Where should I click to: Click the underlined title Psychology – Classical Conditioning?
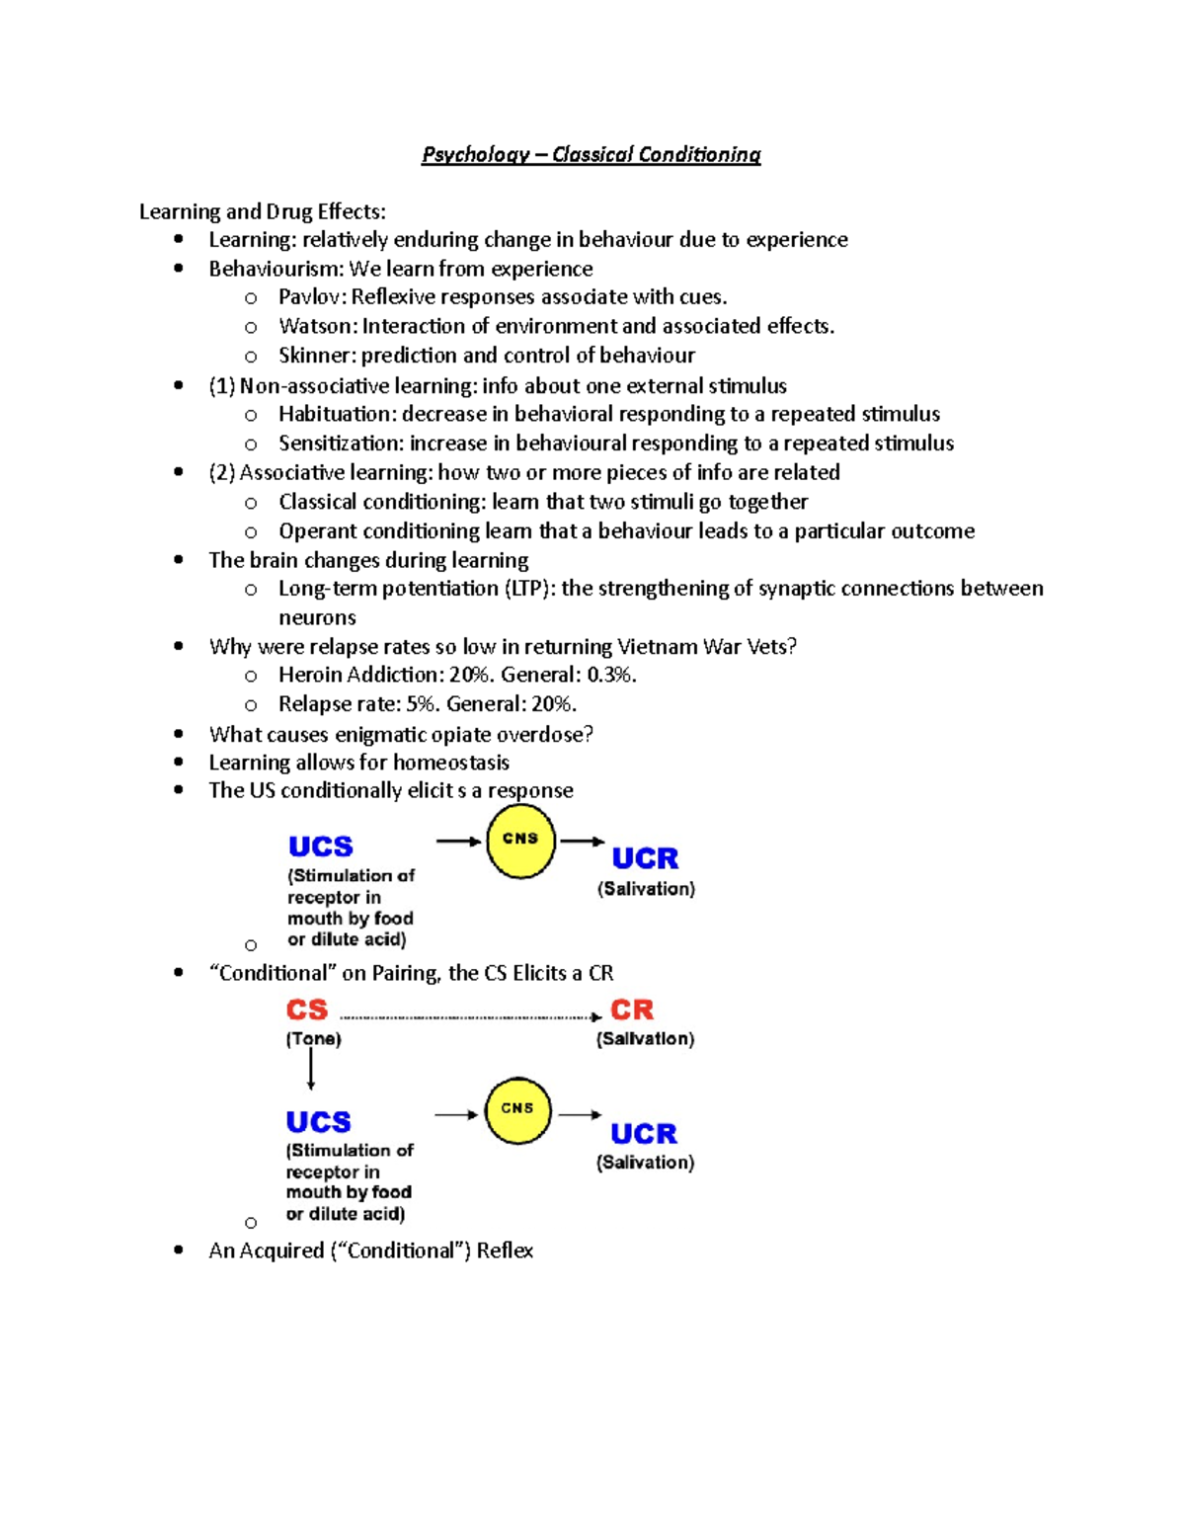coord(591,154)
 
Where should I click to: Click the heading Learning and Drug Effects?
coord(262,211)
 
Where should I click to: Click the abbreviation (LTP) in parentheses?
coord(529,589)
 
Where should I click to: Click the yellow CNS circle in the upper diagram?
coord(520,842)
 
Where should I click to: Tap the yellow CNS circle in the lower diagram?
coord(517,1110)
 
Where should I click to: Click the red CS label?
coord(306,1009)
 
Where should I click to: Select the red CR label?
coord(632,1009)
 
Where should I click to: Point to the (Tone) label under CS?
coord(314,1039)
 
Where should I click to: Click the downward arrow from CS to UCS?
coord(311,1069)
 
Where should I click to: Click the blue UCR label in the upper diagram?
coord(645,857)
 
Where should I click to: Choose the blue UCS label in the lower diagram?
coord(318,1122)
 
